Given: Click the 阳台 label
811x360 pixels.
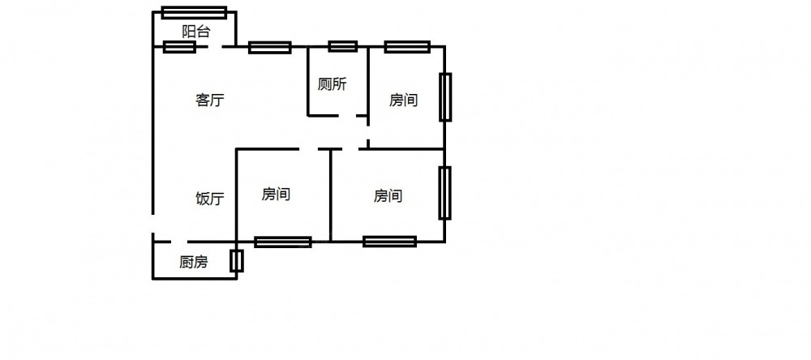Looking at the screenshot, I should click(195, 32).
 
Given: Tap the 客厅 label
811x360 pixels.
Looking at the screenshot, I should click(209, 101).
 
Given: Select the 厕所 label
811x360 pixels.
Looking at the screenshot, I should click(333, 84).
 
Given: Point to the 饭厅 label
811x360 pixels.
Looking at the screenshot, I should click(210, 199).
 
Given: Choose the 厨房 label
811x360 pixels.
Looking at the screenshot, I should click(194, 262).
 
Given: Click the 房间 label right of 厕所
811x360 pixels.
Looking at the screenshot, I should click(403, 101).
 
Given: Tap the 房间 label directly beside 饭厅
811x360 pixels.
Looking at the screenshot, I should click(277, 195).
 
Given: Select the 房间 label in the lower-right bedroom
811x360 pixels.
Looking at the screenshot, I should click(388, 195).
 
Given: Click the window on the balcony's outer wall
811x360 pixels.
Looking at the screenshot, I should click(194, 12).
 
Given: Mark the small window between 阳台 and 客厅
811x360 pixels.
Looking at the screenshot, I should click(179, 47).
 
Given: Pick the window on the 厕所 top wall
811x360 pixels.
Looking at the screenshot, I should click(342, 46).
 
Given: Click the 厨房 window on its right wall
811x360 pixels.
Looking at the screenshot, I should click(236, 261).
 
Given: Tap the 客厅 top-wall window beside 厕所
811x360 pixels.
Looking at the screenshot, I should click(269, 47).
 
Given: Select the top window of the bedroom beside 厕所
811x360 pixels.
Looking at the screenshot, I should click(407, 46).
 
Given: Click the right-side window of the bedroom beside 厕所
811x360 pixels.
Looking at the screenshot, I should click(445, 97).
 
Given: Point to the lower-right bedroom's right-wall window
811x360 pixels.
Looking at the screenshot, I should click(444, 193).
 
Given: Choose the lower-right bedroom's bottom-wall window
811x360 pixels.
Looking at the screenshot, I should click(389, 241).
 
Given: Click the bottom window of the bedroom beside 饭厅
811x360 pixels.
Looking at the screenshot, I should click(282, 242).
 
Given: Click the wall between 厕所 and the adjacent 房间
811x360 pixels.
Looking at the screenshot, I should click(369, 81).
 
